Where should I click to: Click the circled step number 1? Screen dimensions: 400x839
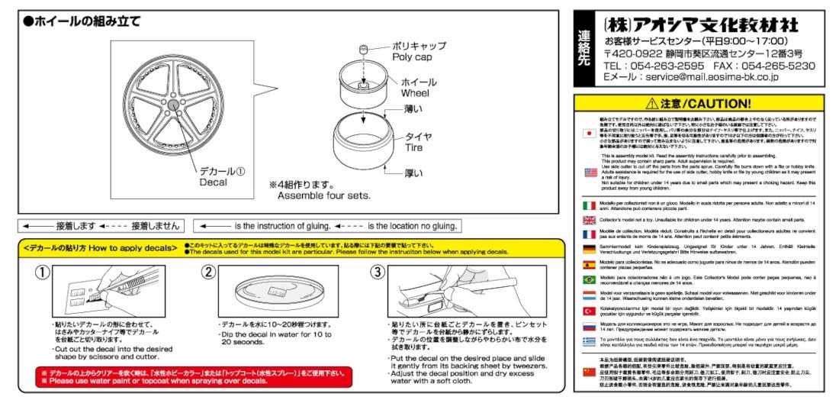click(43, 273)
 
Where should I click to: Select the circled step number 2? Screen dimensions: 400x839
click(209, 273)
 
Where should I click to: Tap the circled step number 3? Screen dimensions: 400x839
click(378, 273)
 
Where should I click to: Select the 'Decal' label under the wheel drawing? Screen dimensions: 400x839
click(214, 182)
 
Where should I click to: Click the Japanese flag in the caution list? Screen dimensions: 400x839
click(588, 133)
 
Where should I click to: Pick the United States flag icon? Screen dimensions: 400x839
click(590, 173)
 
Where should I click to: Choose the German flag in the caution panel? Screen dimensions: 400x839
click(589, 249)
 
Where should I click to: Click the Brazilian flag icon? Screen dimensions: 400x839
click(589, 280)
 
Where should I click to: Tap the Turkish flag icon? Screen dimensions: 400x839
click(589, 311)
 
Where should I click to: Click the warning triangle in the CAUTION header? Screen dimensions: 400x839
click(651, 103)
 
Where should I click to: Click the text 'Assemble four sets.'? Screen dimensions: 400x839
click(323, 195)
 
